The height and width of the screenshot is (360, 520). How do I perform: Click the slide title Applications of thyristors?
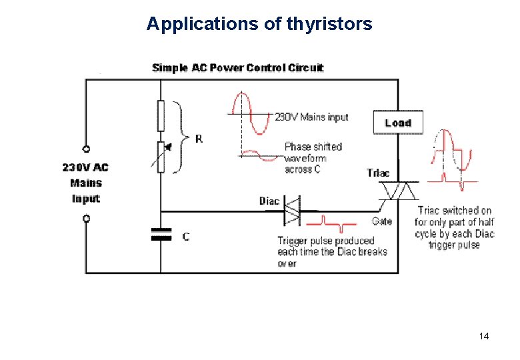259,25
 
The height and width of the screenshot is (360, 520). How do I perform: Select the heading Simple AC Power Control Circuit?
238,67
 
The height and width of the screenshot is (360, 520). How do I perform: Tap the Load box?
398,123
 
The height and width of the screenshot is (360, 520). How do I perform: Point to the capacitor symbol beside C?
161,235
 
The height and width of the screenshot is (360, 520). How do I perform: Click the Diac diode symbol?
292,210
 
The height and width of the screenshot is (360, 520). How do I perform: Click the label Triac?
378,173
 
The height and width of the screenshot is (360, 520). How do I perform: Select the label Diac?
269,201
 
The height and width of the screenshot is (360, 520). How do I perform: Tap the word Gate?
382,221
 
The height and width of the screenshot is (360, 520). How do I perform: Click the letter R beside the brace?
199,139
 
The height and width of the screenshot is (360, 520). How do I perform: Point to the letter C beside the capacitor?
185,236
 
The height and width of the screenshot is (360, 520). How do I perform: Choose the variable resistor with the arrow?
161,156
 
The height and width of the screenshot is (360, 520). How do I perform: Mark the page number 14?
484,336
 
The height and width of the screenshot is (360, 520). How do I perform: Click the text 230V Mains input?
312,117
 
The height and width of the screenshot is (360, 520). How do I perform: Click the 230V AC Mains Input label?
86,183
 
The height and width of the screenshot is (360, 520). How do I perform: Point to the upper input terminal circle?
86,149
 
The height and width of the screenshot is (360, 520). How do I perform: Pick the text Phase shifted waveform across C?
313,158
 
